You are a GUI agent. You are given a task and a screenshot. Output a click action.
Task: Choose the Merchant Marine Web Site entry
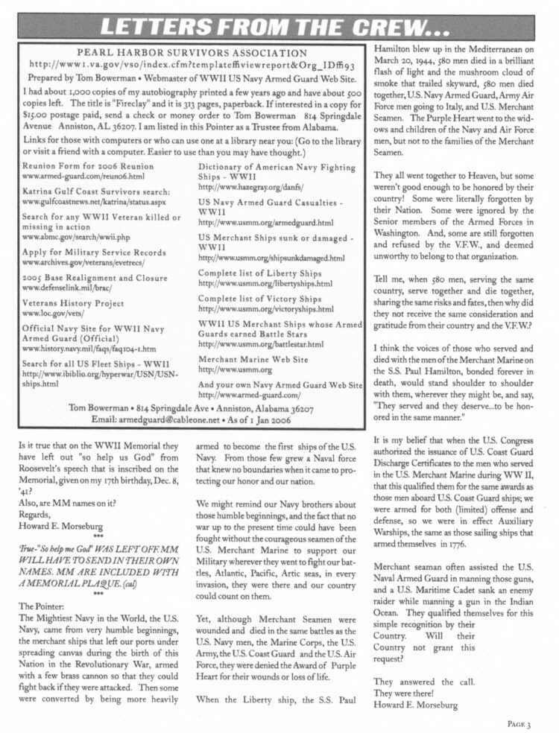coord(253,359)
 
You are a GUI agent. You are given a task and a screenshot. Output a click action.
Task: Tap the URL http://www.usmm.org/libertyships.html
coord(265,284)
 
